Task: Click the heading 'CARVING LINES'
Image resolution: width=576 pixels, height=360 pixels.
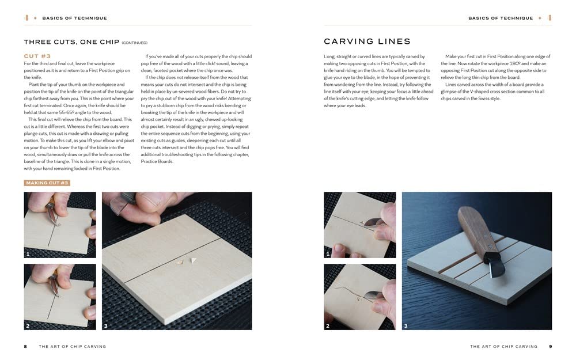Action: (367, 41)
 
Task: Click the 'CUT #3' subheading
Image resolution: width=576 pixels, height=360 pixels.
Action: (37, 56)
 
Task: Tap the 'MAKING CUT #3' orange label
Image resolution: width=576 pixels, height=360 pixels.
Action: (47, 183)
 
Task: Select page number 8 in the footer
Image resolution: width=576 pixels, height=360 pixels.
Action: (25, 346)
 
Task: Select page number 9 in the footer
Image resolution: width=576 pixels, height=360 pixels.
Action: (550, 346)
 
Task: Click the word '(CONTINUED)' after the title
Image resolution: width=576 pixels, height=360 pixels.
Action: (134, 43)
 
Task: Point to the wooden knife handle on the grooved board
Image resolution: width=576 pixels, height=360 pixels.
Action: (476, 228)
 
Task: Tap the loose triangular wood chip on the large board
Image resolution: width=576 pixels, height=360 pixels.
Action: (193, 260)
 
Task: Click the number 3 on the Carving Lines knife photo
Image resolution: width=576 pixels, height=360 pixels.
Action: (406, 326)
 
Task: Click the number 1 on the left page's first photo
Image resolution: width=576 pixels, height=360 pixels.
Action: (28, 254)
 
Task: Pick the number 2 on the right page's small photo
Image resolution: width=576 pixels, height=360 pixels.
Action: (328, 326)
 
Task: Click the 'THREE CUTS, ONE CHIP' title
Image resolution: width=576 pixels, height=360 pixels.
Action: (71, 42)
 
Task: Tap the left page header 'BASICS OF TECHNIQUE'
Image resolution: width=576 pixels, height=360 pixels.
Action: (74, 18)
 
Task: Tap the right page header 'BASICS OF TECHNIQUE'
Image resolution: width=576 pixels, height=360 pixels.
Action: (501, 18)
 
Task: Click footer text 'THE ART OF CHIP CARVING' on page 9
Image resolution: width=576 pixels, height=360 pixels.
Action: (503, 346)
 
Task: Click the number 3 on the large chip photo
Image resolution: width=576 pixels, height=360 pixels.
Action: (106, 326)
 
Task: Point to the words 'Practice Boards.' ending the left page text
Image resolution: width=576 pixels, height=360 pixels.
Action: (157, 162)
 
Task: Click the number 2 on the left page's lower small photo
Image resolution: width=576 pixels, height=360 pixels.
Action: (28, 326)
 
